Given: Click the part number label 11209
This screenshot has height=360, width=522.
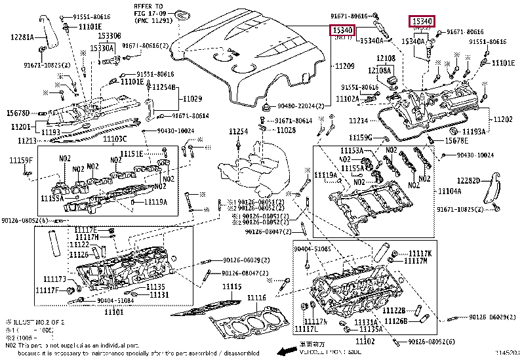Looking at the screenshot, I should pyautogui.click(x=345, y=67).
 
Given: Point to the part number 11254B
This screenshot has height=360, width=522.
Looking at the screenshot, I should pyautogui.click(x=164, y=87).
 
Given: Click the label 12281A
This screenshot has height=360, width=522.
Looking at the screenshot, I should pyautogui.click(x=22, y=37).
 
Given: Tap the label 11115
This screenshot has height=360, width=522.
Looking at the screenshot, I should pyautogui.click(x=231, y=287).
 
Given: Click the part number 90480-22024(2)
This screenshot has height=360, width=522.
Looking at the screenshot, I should pyautogui.click(x=301, y=106).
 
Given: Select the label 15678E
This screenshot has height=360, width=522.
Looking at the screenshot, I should pyautogui.click(x=457, y=141).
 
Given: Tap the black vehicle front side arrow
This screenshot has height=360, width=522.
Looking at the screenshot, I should pyautogui.click(x=284, y=352).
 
